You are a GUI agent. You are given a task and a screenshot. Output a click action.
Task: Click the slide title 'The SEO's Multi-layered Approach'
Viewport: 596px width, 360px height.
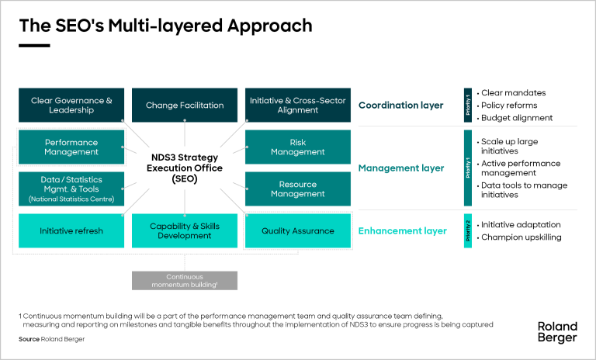click(165, 26)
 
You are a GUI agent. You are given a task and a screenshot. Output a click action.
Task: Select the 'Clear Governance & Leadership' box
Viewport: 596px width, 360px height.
click(71, 106)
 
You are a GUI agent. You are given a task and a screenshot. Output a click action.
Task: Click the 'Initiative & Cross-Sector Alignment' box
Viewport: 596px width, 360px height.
click(297, 106)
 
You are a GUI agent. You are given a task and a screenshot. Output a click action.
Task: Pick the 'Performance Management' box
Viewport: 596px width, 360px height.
click(71, 147)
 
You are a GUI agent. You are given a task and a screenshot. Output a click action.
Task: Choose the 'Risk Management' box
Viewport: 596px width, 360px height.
click(297, 147)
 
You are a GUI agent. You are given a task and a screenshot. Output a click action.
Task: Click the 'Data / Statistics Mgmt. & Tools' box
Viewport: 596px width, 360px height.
click(71, 189)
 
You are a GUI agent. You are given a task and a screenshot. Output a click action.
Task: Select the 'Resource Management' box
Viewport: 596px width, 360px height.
click(297, 189)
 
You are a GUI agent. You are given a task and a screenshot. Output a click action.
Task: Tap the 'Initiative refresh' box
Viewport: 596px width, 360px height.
click(71, 231)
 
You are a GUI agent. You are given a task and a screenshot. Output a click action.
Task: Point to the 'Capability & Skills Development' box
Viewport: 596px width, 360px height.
click(185, 231)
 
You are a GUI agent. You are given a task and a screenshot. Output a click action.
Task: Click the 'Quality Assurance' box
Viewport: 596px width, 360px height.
click(297, 231)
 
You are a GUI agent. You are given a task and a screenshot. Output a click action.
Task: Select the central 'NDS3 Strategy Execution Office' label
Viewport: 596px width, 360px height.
click(185, 168)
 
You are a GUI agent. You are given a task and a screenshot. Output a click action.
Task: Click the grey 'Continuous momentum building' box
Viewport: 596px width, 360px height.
click(185, 280)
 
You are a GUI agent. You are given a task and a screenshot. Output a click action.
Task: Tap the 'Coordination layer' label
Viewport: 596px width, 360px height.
click(400, 106)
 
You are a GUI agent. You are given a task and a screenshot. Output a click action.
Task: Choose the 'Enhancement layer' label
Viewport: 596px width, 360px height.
click(402, 231)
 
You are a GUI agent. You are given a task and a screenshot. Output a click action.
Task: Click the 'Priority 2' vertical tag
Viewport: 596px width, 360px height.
click(467, 231)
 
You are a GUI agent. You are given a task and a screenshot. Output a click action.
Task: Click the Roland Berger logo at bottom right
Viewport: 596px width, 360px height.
click(557, 331)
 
